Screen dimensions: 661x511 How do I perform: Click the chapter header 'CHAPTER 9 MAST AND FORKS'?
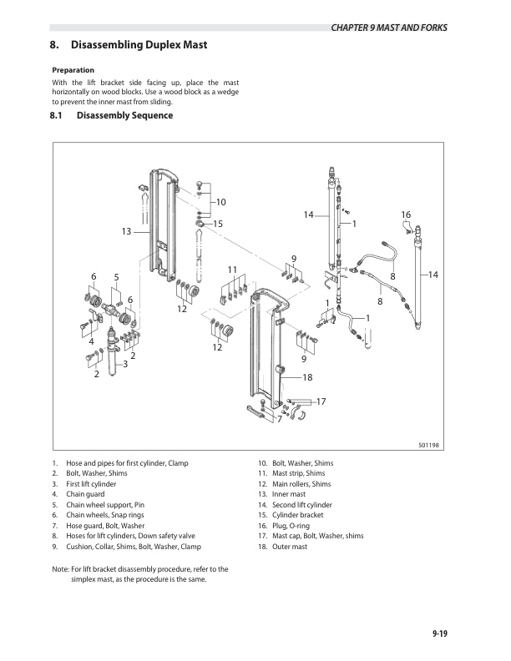388,28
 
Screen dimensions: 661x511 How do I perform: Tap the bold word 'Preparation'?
73,69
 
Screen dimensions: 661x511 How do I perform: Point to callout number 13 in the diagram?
127,231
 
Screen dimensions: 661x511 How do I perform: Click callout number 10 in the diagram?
221,203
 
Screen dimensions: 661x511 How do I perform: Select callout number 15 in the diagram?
218,224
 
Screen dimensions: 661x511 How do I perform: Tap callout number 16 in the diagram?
406,215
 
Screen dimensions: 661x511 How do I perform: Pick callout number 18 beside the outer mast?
307,378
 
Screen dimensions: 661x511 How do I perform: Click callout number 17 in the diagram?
320,402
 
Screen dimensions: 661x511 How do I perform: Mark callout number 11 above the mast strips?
233,269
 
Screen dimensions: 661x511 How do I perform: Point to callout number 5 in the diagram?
116,277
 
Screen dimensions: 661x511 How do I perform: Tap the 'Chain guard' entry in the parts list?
84,494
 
